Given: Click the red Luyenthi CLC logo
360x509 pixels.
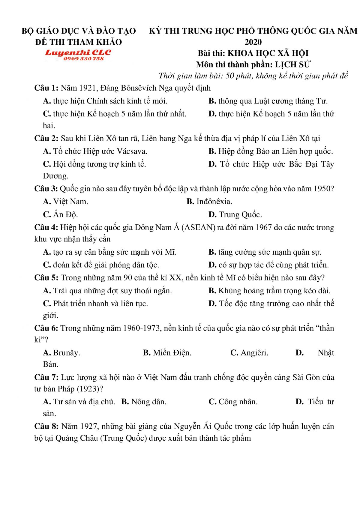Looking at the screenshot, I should click(x=78, y=52).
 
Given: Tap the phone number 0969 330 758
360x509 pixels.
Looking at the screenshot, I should click(x=83, y=59).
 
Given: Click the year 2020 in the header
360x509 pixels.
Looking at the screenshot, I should click(x=253, y=42).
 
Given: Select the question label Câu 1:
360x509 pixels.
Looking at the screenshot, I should click(x=46, y=88).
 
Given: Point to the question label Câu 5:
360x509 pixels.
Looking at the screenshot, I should click(x=46, y=278).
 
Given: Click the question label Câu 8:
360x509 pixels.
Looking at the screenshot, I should click(x=46, y=427).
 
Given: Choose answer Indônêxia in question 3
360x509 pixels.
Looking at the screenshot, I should click(x=214, y=202).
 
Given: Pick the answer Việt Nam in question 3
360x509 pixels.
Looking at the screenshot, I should click(x=70, y=202).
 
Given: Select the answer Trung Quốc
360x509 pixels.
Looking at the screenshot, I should click(x=240, y=215).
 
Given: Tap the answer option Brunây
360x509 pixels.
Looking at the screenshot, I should click(x=66, y=353).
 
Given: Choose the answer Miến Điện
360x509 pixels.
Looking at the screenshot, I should click(x=172, y=353).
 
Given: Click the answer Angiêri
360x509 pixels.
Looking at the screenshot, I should click(x=254, y=353).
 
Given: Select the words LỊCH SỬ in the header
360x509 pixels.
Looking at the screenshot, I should click(x=292, y=64).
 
